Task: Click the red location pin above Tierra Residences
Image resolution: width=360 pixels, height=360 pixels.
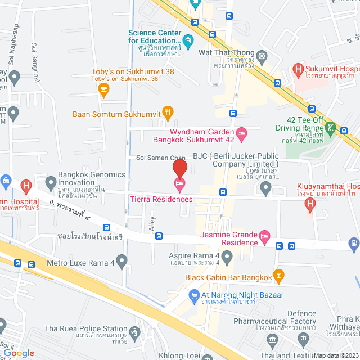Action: (179, 168)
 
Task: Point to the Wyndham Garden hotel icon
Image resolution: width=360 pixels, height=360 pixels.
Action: (241, 133)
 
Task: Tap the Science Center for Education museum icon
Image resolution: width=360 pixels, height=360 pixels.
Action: (188, 40)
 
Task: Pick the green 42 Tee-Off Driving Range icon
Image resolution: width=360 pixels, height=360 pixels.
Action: (332, 128)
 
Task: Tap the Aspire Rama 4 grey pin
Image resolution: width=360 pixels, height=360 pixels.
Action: (227, 258)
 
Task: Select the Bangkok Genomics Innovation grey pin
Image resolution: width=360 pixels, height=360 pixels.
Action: (51, 182)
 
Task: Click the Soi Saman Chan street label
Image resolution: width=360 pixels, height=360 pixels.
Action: (161, 157)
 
